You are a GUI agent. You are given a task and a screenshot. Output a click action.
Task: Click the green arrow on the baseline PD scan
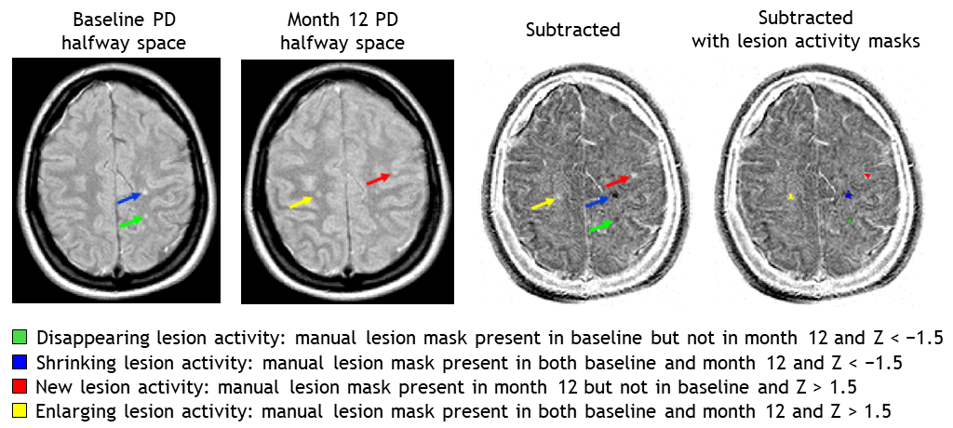pos(131,221)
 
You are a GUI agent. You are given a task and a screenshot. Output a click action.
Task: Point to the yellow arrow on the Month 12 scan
pos(301,201)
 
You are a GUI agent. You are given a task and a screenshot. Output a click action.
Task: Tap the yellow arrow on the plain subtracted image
pos(544,202)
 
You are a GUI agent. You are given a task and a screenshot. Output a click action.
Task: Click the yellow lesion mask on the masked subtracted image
pos(790,196)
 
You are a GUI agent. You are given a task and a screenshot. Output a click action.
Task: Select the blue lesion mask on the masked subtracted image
pos(848,195)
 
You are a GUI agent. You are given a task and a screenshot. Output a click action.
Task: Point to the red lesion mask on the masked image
pos(867,175)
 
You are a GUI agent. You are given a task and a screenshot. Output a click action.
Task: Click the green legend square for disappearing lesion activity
pos(20,336)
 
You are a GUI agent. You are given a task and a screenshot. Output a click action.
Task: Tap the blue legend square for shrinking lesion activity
pos(20,361)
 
